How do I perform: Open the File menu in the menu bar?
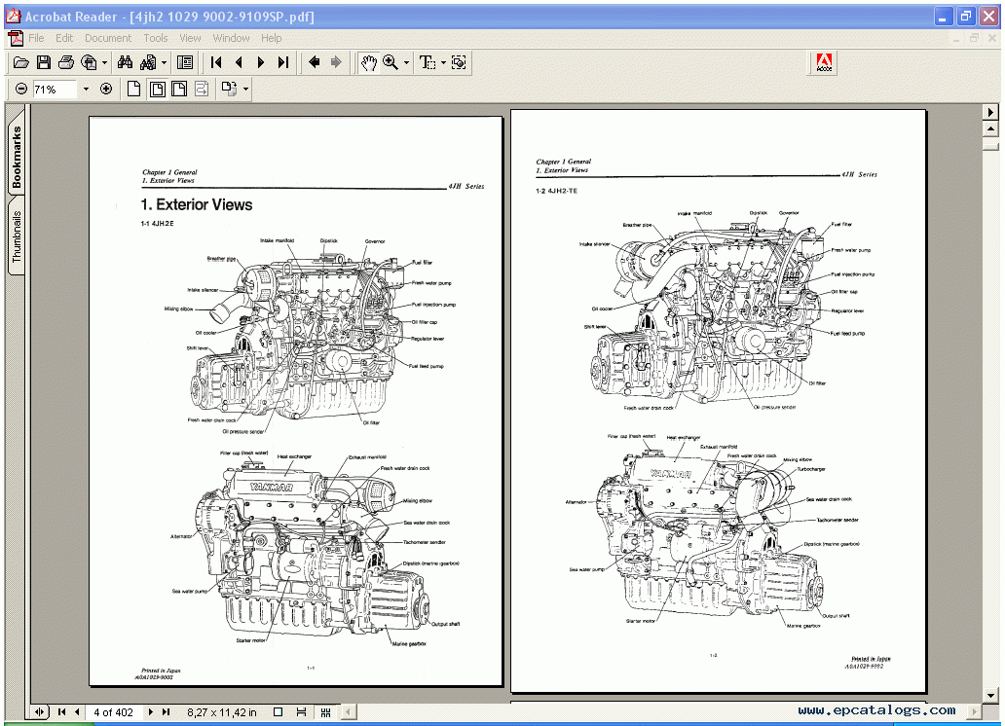(36, 38)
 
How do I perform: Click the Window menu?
(231, 38)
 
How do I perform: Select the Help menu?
(272, 38)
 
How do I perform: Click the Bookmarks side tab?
(17, 157)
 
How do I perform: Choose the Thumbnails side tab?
(17, 236)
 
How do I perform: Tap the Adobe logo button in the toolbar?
(824, 63)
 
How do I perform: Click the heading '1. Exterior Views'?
(197, 205)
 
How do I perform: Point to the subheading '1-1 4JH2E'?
(159, 225)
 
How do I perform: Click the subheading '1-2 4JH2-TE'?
(557, 192)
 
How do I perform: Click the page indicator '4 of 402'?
(113, 712)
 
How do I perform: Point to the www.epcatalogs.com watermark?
(876, 710)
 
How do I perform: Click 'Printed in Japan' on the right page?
(871, 659)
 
